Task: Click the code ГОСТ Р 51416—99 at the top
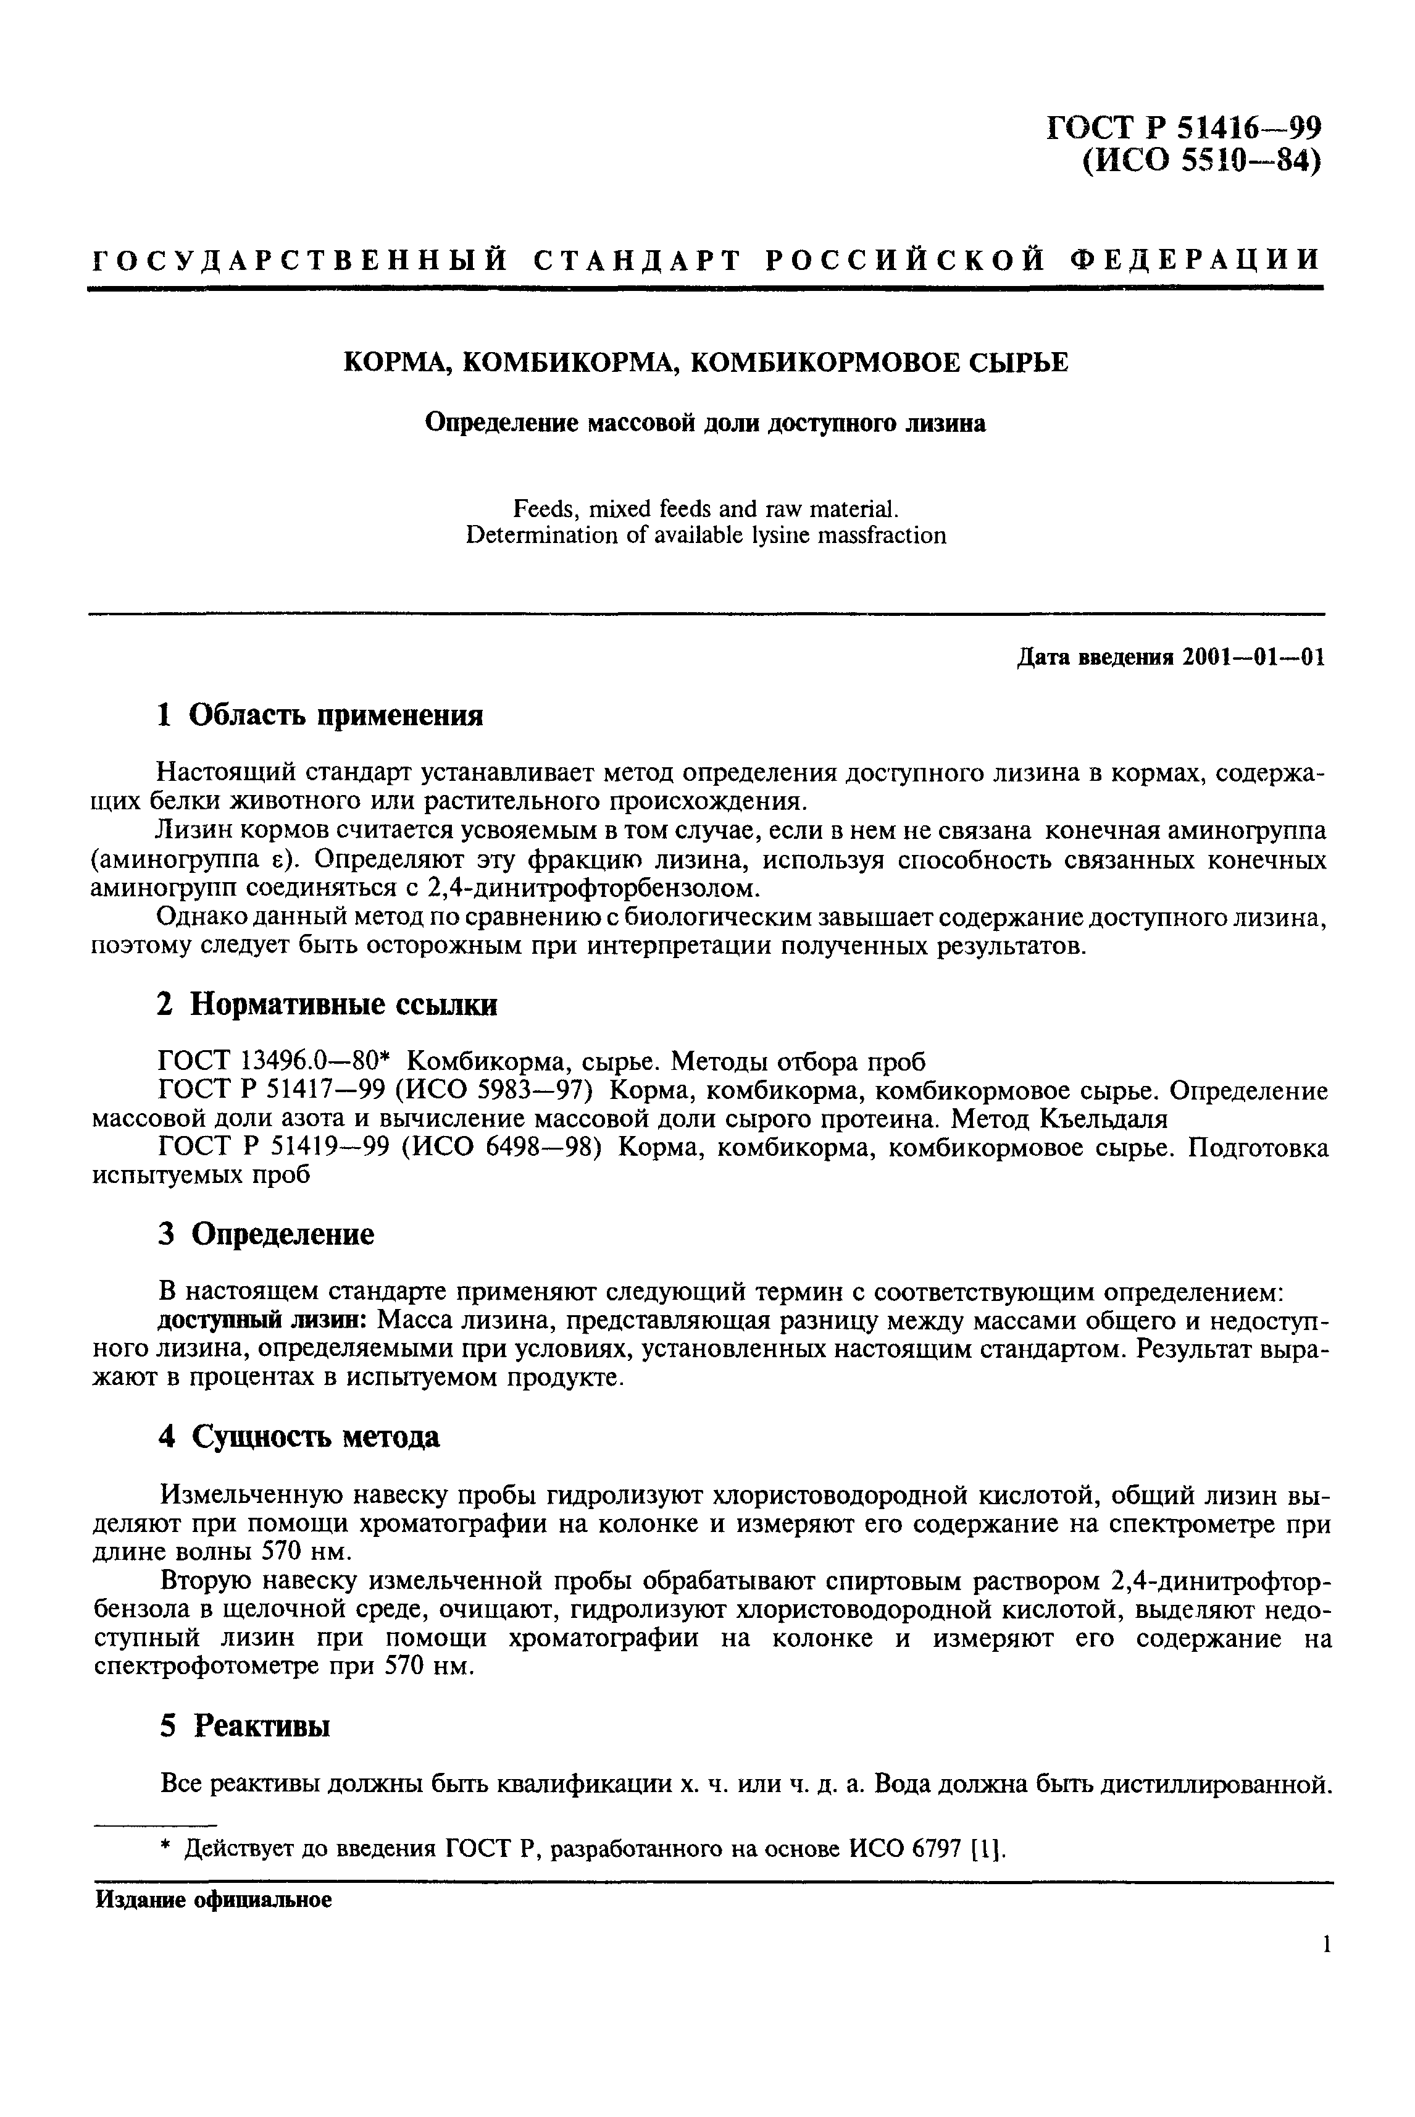click(1183, 127)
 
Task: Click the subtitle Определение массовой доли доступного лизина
click(706, 423)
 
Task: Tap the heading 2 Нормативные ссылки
click(327, 1004)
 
